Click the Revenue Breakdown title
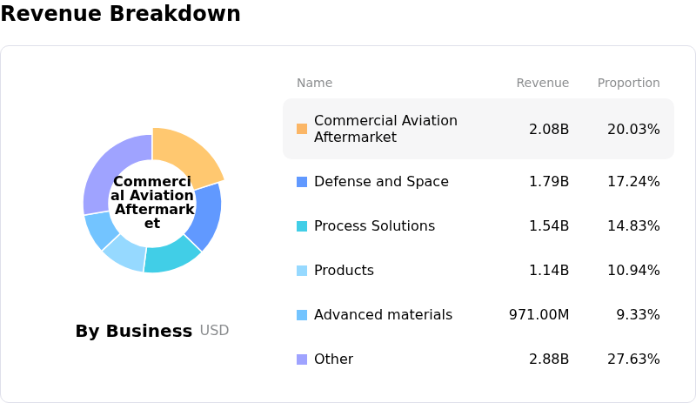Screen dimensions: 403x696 pos(120,14)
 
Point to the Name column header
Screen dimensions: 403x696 pos(314,84)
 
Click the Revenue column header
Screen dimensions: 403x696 pos(542,84)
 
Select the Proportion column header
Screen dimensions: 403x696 pos(628,84)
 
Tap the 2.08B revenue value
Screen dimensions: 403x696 pos(549,129)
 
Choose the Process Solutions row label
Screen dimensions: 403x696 pos(374,226)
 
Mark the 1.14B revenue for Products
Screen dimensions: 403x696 pos(549,271)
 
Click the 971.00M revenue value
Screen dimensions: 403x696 pos(539,315)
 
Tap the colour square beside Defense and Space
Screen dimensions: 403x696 pos(302,182)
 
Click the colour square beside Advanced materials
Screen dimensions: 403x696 pos(302,315)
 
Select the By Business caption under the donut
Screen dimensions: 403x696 pos(133,332)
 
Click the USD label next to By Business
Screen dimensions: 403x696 pos(214,331)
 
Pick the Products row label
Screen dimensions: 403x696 pos(344,271)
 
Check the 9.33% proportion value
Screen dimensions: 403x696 pos(638,315)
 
